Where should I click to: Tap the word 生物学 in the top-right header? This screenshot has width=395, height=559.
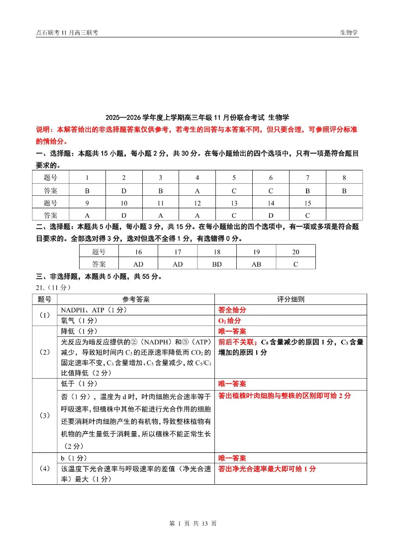click(x=349, y=32)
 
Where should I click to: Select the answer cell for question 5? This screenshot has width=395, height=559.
click(x=234, y=190)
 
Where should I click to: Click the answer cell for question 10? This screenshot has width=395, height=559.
click(x=124, y=215)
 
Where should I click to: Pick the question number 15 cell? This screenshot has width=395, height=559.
click(x=307, y=203)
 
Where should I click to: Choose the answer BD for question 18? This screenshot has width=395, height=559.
click(x=217, y=264)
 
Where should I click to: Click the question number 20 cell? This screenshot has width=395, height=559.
click(x=296, y=252)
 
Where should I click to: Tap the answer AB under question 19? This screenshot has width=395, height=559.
click(x=256, y=264)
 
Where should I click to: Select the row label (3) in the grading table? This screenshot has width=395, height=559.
click(x=45, y=415)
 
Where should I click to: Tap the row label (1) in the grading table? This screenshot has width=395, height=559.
click(x=45, y=315)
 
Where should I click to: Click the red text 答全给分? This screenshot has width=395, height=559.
click(x=232, y=310)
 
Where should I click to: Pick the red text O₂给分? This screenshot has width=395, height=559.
click(x=230, y=320)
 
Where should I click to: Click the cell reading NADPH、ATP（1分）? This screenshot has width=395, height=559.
click(x=95, y=310)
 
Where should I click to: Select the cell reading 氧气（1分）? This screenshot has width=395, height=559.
click(x=79, y=320)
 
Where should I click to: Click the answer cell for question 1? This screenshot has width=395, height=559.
click(x=87, y=190)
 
